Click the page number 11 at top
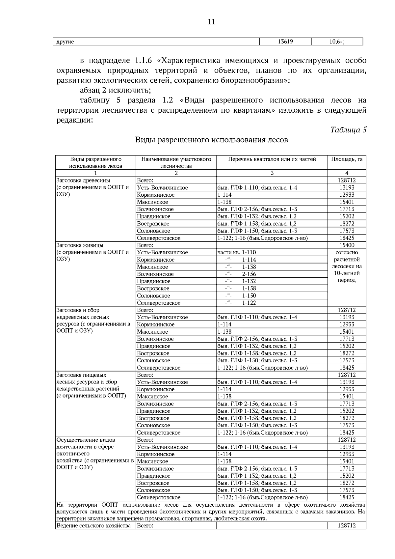211,22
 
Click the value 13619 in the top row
285,42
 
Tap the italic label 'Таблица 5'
348,129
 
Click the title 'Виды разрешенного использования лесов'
211,140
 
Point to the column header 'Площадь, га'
347,159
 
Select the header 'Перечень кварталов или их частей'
272,159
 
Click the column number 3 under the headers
272,173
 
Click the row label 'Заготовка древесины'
83,180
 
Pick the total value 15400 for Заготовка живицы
347,245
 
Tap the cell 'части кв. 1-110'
237,252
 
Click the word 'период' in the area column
347,280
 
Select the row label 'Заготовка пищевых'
81,375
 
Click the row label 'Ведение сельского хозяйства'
93,526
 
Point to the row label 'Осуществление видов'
86,440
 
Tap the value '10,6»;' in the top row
336,42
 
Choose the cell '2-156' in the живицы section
249,274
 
